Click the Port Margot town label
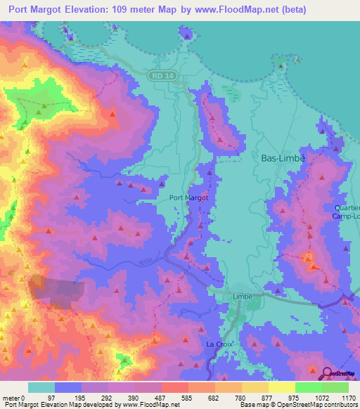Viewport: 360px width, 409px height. tap(188, 198)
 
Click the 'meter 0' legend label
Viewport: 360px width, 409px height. tap(14, 397)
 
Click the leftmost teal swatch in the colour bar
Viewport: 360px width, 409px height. tap(41, 387)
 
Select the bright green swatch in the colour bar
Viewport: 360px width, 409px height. tap(308, 387)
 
